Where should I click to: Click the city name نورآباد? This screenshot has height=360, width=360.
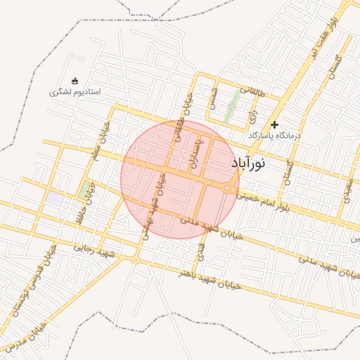pyautogui.click(x=249, y=163)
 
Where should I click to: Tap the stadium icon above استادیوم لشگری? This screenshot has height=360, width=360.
pyautogui.click(x=75, y=81)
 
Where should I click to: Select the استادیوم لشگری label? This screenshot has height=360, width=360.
pyautogui.click(x=75, y=92)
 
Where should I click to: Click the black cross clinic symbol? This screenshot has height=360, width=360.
pyautogui.click(x=274, y=124)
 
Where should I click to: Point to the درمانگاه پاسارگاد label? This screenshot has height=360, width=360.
pyautogui.click(x=274, y=135)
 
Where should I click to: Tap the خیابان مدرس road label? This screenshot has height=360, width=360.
pyautogui.click(x=26, y=338)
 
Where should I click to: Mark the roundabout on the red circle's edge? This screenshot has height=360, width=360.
pyautogui.click(x=229, y=188)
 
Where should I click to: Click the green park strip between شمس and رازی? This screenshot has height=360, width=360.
pyautogui.click(x=232, y=109)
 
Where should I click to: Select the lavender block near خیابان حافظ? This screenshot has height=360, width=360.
pyautogui.click(x=55, y=199)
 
